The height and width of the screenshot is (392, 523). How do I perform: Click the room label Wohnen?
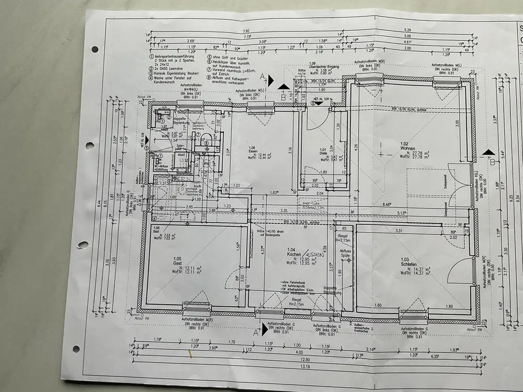coord(408,149)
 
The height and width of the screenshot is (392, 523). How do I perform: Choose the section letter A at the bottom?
coord(256,331)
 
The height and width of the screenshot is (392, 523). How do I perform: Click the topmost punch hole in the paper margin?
coord(95,49)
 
